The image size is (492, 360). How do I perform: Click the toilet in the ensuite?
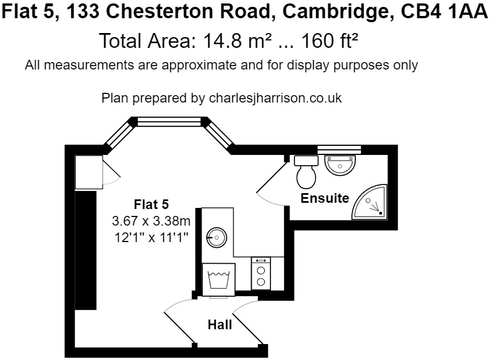click(306, 171)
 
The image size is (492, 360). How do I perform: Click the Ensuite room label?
click(325, 198)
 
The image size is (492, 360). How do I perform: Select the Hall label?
click(220, 325)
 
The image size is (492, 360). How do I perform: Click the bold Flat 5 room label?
click(151, 204)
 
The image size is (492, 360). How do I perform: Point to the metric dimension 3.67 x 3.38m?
click(151, 219)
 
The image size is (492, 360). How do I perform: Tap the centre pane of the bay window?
click(169, 121)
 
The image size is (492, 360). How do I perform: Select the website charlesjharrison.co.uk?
click(276, 98)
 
